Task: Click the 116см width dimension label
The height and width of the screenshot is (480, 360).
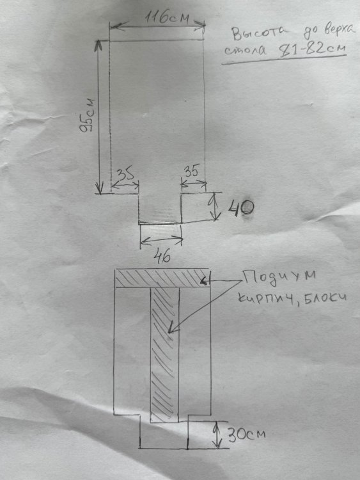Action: point(167,18)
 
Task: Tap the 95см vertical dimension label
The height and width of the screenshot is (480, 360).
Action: point(87,115)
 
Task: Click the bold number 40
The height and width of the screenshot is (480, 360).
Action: point(240,208)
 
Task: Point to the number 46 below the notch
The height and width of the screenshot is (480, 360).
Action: point(162,255)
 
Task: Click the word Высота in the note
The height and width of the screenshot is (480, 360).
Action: point(260,33)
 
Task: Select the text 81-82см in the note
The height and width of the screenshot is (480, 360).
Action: point(313,49)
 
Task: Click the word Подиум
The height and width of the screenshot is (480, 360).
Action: point(279,277)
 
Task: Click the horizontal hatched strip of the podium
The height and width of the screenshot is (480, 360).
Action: point(162,278)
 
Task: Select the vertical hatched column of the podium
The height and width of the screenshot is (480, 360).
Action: point(164,355)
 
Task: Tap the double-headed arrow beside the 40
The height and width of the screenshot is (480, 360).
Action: point(215,207)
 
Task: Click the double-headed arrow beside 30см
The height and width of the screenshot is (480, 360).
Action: point(218,435)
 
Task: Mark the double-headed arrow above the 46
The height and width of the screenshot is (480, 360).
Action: point(161,240)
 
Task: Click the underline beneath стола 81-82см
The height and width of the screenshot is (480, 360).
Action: point(284,60)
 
